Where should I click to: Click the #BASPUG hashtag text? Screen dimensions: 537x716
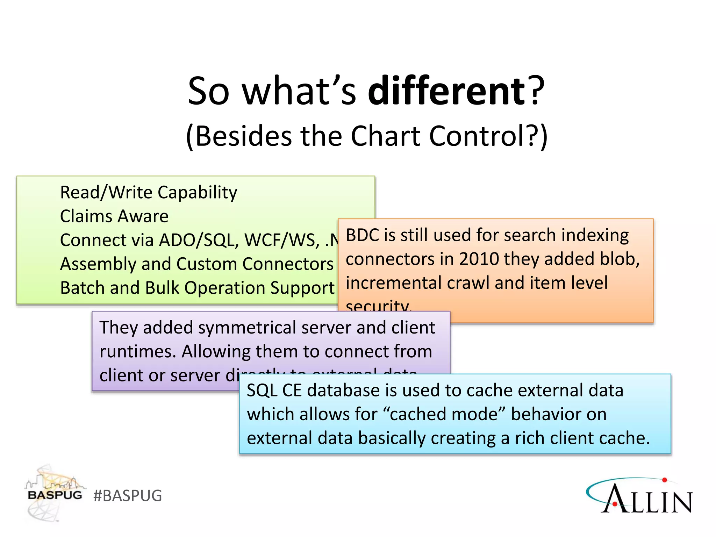(x=128, y=496)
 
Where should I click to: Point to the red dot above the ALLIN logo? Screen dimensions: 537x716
(x=665, y=480)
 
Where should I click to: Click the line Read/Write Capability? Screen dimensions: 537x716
(x=149, y=192)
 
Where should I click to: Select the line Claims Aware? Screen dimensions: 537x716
(x=114, y=216)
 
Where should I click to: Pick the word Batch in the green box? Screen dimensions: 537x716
(x=82, y=288)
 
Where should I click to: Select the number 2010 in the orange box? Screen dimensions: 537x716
(x=479, y=259)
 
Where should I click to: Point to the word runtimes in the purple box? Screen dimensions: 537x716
(x=137, y=351)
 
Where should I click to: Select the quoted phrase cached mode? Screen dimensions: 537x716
(x=444, y=414)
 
